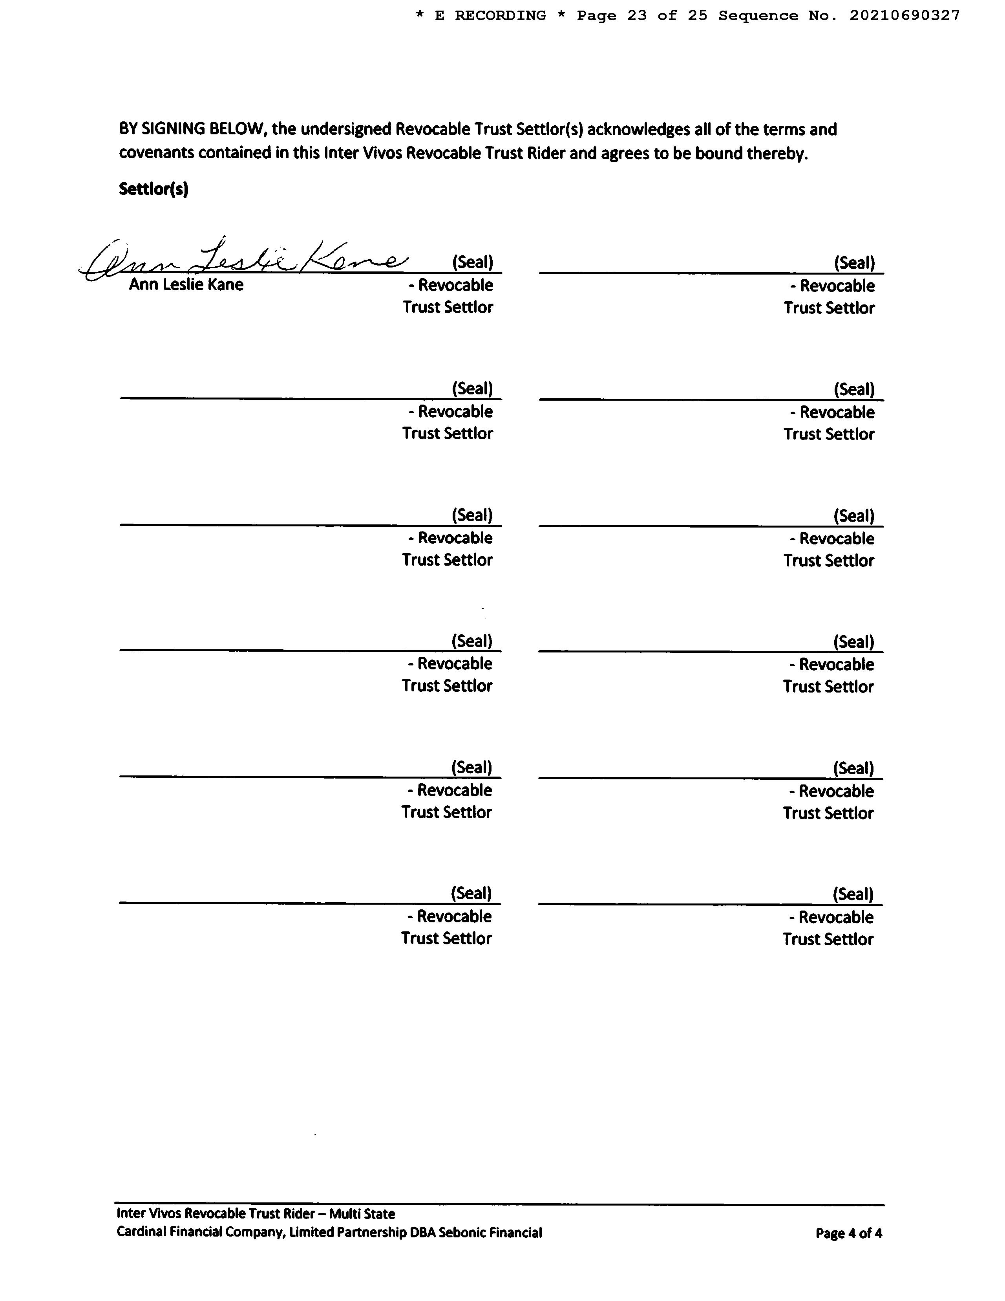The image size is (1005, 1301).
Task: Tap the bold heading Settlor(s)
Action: [x=153, y=189]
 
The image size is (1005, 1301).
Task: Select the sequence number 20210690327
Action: [x=904, y=15]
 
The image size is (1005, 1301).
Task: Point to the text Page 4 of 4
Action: [x=848, y=1233]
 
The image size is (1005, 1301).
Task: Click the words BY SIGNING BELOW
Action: [x=191, y=129]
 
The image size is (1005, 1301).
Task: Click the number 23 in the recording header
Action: [x=636, y=15]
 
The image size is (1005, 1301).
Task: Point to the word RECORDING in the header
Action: [x=500, y=15]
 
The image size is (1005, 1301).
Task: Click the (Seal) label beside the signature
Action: [x=473, y=262]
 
